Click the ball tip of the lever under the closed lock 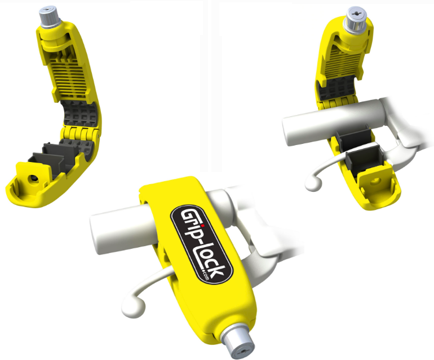[134, 308]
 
